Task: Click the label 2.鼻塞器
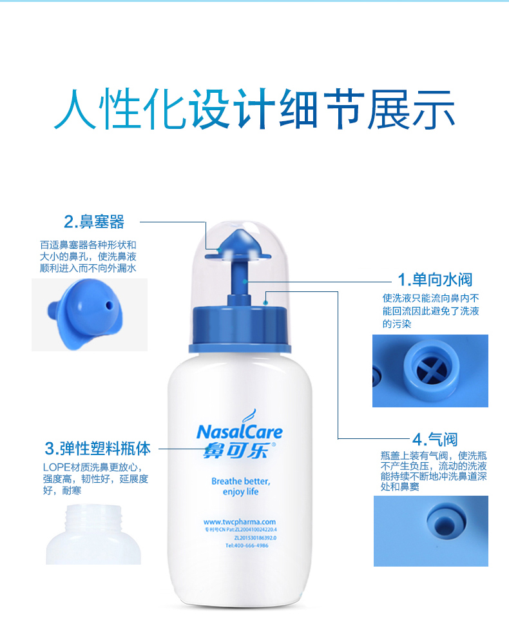(94, 223)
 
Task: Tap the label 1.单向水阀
(435, 280)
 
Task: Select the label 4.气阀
(435, 440)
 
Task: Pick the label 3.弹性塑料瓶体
(97, 448)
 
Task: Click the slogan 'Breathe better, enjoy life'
(240, 487)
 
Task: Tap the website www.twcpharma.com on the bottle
(239, 522)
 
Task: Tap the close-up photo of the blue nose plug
(90, 315)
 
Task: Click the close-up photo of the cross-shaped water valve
(430, 371)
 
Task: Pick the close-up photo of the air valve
(430, 530)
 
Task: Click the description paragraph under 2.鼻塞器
(88, 257)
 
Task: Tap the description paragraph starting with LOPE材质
(96, 479)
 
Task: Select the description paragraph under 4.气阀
(433, 472)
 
